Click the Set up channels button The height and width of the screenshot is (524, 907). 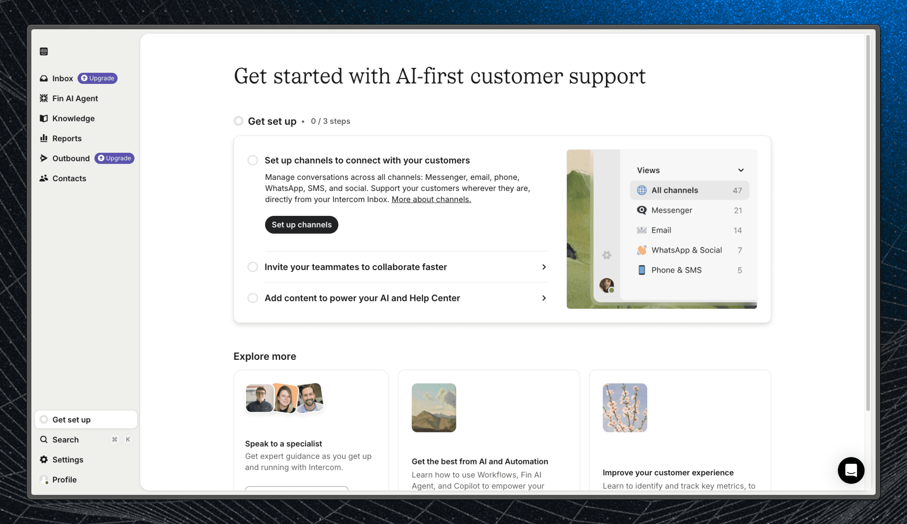(301, 224)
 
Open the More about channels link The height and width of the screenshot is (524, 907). (431, 199)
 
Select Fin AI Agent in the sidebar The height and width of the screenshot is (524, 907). (75, 98)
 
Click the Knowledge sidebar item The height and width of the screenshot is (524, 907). (73, 118)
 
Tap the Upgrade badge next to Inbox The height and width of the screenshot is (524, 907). (97, 78)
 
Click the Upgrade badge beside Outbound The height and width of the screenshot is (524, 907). (114, 158)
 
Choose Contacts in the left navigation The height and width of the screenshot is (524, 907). (69, 179)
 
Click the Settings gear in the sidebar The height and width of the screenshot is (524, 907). (44, 460)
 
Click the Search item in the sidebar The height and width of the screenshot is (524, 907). (65, 439)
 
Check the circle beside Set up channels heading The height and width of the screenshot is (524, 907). (253, 160)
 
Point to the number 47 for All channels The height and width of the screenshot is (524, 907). (737, 190)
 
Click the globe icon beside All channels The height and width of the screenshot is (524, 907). (641, 190)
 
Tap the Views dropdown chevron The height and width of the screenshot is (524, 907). (741, 170)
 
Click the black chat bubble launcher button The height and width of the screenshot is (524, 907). (851, 470)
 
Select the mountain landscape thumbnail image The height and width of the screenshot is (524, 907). (434, 408)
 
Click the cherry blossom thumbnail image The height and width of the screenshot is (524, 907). (625, 408)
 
